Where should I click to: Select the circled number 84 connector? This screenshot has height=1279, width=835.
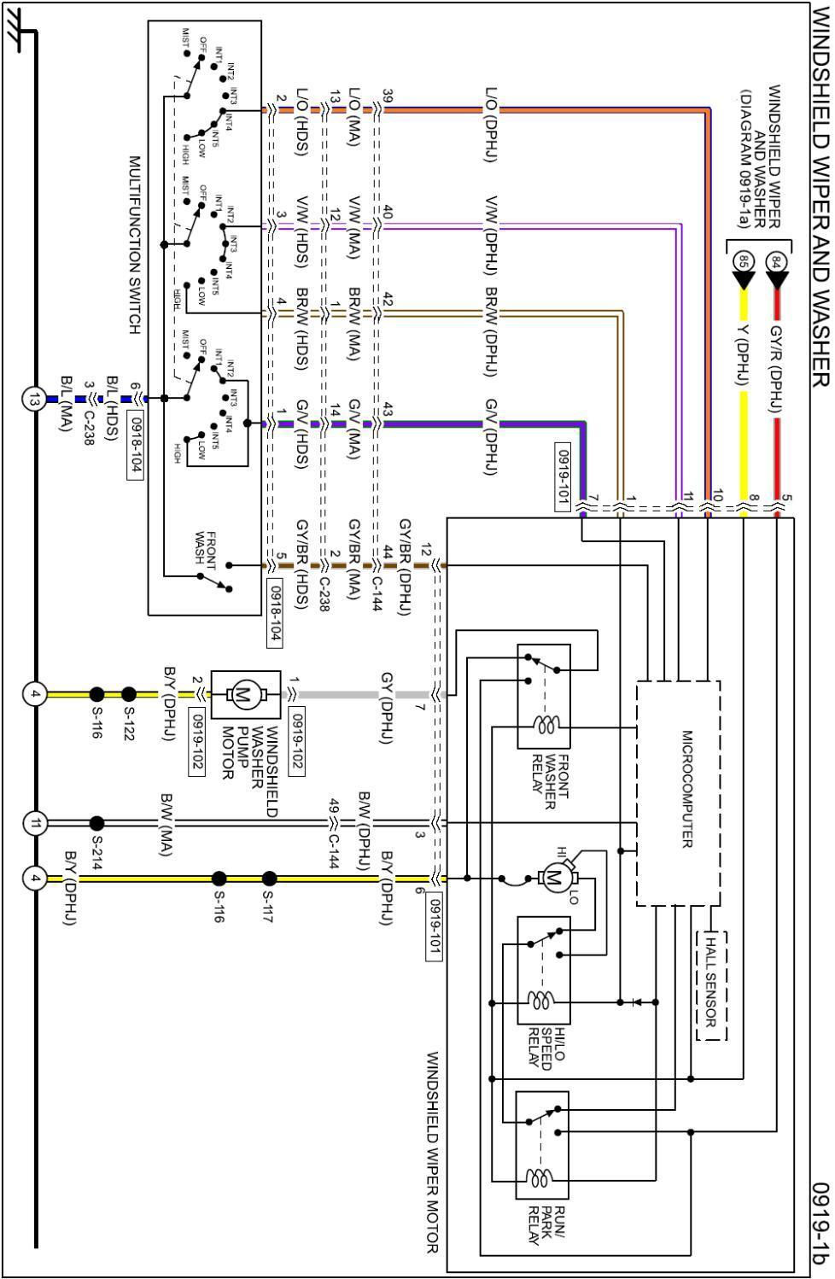(x=776, y=261)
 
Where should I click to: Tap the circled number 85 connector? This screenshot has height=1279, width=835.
(x=743, y=261)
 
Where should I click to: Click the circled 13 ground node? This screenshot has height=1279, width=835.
(x=34, y=399)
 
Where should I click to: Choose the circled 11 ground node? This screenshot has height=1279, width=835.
(x=34, y=823)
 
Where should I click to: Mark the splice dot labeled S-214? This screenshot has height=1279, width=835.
(x=97, y=823)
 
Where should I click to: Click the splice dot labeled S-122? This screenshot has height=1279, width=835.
(x=129, y=694)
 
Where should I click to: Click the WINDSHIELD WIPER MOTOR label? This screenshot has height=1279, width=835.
(x=433, y=1153)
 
